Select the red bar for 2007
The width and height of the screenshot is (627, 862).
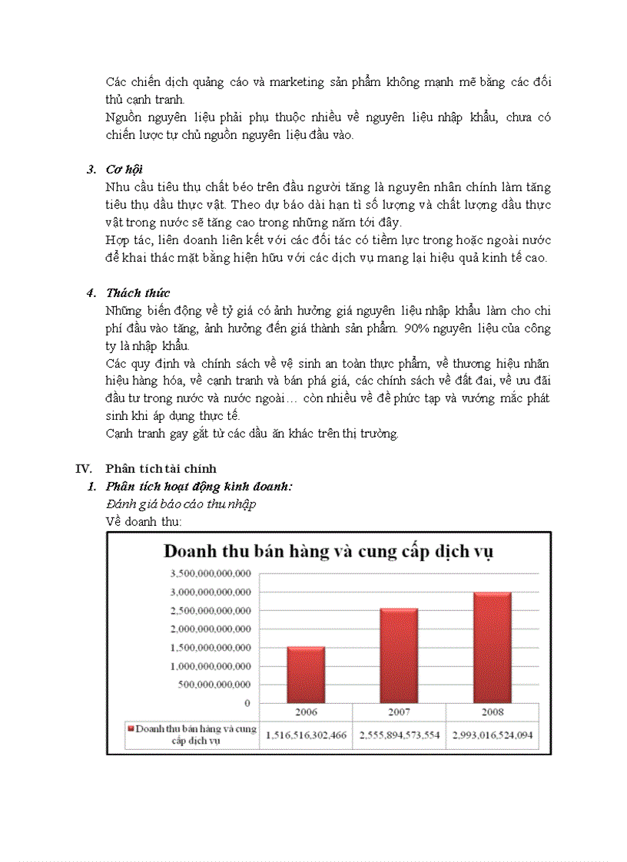coord(398,656)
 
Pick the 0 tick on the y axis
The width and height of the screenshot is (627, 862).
coord(247,703)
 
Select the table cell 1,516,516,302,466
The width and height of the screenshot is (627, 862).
coord(306,735)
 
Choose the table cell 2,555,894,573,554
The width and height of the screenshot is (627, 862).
coord(399,735)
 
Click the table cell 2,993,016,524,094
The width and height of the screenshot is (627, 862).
coord(492,735)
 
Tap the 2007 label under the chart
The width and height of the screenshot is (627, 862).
coord(399,711)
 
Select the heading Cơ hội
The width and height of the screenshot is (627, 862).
coord(124,169)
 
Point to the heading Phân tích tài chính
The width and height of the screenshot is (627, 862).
coord(161,468)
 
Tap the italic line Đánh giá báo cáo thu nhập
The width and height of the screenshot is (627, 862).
coord(181,504)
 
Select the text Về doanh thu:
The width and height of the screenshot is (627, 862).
coord(143,521)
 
